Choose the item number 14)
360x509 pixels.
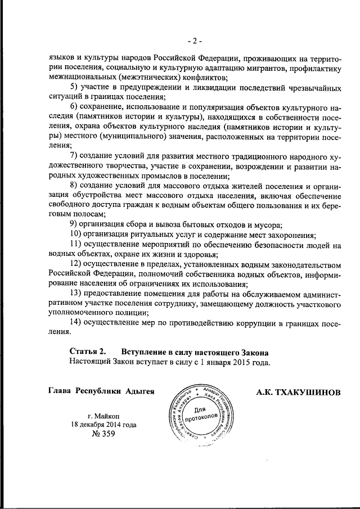point(78,322)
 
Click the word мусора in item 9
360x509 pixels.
point(260,224)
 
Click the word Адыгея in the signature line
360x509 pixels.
point(138,391)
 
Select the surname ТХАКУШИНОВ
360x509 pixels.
point(308,391)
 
